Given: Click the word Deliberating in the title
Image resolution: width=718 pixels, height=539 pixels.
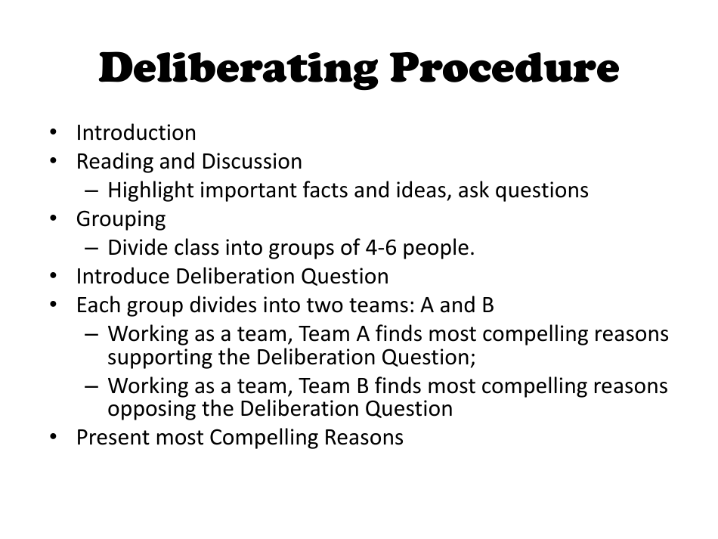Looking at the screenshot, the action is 238,69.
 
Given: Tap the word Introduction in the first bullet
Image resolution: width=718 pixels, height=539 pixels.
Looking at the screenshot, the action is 136,133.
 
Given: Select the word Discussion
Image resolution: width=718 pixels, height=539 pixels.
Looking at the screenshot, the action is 252,161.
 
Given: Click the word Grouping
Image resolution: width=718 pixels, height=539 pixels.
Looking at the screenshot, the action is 121,219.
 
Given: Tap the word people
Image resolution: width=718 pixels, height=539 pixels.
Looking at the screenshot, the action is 438,249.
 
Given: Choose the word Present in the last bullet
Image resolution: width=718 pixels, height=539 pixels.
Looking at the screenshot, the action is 113,438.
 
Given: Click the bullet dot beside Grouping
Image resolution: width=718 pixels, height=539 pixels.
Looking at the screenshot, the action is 53,218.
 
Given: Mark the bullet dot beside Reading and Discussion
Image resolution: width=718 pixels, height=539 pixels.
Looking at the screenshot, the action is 53,161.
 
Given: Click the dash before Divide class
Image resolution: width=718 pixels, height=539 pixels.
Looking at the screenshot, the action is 91,249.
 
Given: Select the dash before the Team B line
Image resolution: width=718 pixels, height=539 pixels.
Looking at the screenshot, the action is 91,386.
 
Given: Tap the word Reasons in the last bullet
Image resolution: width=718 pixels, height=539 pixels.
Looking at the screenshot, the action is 364,438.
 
